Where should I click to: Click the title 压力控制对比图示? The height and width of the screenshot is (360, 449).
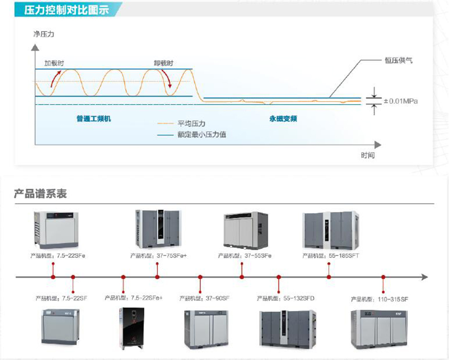[x=66, y=11]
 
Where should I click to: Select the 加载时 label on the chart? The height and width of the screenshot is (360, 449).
[x=54, y=63]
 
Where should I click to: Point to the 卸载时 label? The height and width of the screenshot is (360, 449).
[x=163, y=63]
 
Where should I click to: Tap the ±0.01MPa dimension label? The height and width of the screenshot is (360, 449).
[x=401, y=101]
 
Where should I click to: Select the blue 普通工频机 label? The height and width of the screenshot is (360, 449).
[x=94, y=119]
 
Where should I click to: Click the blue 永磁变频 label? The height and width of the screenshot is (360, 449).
[x=283, y=119]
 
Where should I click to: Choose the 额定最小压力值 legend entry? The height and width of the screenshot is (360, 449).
[x=202, y=135]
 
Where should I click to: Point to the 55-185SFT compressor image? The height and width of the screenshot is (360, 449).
[x=330, y=230]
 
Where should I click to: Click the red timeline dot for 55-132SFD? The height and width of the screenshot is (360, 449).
[x=278, y=277]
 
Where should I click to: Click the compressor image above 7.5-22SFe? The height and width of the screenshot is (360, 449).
[x=56, y=230]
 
